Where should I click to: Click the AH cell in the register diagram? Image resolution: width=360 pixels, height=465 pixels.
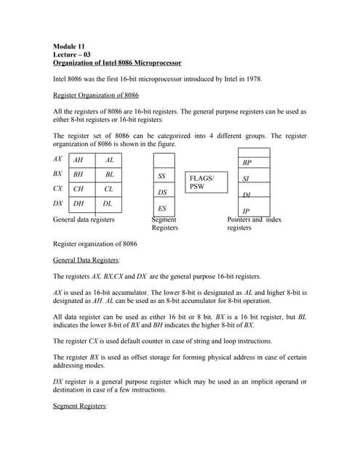pos(79,159)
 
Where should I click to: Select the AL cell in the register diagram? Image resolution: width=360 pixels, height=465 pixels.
pos(109,159)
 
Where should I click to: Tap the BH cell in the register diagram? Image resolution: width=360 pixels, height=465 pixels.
pos(79,174)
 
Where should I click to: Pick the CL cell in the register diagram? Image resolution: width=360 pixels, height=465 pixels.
pos(109,189)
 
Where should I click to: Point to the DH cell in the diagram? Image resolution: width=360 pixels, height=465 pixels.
pos(79,204)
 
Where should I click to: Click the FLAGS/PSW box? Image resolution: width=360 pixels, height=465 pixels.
pos(207,182)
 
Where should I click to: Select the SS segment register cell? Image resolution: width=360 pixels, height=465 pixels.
pos(163,177)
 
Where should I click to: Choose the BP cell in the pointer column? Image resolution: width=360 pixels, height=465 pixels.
pos(247,163)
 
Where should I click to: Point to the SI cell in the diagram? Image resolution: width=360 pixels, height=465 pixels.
pos(247,179)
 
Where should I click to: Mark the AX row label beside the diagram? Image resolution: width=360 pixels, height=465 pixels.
pos(57,158)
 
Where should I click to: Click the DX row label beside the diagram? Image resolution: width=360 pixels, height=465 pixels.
pos(57,203)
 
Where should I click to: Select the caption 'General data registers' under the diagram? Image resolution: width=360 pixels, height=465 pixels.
pos(84,219)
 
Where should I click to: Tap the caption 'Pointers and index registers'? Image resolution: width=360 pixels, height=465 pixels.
pos(254,223)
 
